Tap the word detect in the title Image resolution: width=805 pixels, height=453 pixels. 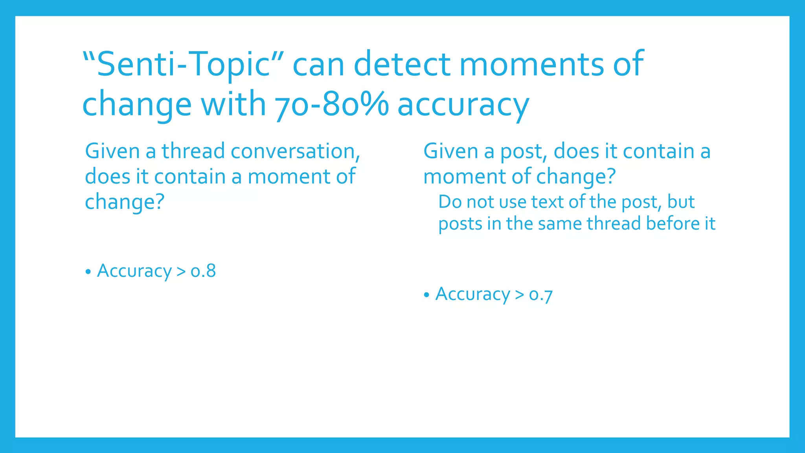404,64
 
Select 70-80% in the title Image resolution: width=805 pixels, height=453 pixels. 331,105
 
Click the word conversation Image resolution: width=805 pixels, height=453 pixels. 295,151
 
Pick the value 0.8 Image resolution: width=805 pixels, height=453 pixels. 203,271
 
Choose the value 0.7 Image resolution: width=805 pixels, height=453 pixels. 541,295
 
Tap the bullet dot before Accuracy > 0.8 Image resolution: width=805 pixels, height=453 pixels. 88,272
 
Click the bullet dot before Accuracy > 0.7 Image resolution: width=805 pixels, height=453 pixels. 426,295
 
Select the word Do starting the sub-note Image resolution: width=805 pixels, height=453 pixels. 450,202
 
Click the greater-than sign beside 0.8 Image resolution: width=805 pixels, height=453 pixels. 181,271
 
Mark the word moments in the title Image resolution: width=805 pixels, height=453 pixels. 532,64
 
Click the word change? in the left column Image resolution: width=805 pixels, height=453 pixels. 124,202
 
